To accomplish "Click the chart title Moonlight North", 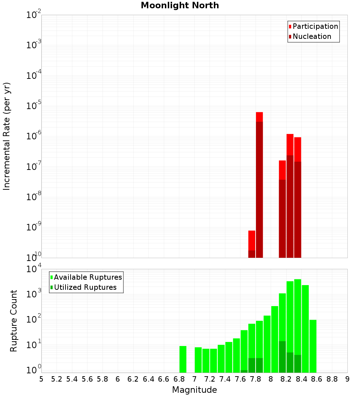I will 180,5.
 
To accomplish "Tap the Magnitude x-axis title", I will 194,390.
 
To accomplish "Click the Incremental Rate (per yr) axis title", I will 7,136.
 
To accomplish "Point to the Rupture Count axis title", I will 14,321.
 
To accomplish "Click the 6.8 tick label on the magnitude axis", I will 179,379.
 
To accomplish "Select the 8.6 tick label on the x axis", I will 317,379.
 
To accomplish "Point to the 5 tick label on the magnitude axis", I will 41,379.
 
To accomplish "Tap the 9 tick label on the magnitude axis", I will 347,379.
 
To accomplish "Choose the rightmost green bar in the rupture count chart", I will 313,346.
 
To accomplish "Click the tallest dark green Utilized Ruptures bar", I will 282,357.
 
